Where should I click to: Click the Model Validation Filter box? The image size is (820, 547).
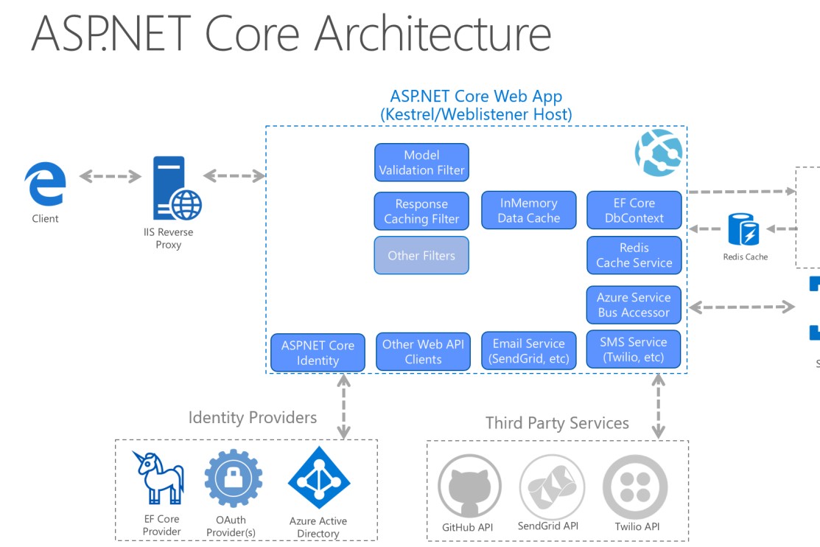tap(421, 162)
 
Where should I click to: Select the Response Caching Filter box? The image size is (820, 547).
tap(421, 211)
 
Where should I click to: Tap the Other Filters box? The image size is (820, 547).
tap(421, 255)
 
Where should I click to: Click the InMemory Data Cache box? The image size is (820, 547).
tap(528, 210)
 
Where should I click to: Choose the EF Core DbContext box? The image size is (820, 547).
tap(634, 210)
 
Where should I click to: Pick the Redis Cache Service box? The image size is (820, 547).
tap(634, 255)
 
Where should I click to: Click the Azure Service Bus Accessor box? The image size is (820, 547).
tap(634, 304)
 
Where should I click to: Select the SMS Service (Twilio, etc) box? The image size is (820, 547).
tap(634, 349)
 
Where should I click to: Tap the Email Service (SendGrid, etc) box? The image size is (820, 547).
tap(528, 351)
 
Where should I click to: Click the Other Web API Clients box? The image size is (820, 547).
tap(423, 352)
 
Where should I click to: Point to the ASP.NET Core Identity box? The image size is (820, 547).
tap(318, 352)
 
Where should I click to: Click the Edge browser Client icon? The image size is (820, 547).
tap(45, 184)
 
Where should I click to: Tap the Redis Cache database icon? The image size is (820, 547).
tap(743, 229)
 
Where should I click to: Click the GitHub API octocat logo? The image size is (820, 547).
tap(469, 487)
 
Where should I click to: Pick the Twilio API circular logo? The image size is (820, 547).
tap(635, 487)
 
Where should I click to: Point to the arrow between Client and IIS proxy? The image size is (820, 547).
tap(111, 176)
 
